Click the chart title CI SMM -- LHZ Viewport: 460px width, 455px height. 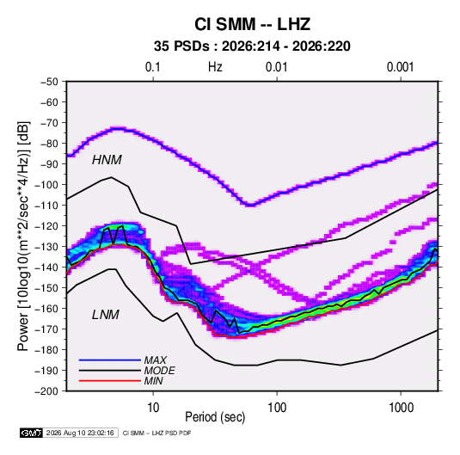click(x=252, y=24)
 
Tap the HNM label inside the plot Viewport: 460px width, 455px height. click(x=107, y=160)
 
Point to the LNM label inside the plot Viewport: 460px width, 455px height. click(x=106, y=315)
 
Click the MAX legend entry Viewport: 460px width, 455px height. click(x=155, y=360)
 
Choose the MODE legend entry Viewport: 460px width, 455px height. click(x=160, y=371)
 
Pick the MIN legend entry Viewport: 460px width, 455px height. click(x=153, y=381)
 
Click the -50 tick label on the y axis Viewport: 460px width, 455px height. click(x=49, y=82)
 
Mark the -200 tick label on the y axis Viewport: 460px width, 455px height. click(x=46, y=391)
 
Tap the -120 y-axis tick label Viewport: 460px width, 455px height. click(x=46, y=226)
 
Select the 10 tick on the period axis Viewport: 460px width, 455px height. click(x=153, y=408)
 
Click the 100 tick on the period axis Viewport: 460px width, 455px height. click(x=277, y=408)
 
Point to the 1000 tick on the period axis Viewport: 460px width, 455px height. click(x=401, y=408)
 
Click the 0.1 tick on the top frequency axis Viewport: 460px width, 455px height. click(x=153, y=67)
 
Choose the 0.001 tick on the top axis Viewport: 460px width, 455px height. click(x=400, y=67)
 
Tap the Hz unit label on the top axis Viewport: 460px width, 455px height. click(x=215, y=67)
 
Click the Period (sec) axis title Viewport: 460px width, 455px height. click(x=215, y=417)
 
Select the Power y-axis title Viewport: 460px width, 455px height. click(x=23, y=236)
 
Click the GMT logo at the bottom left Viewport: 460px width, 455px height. click(x=31, y=433)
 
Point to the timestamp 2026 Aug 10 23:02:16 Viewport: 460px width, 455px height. click(x=80, y=433)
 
